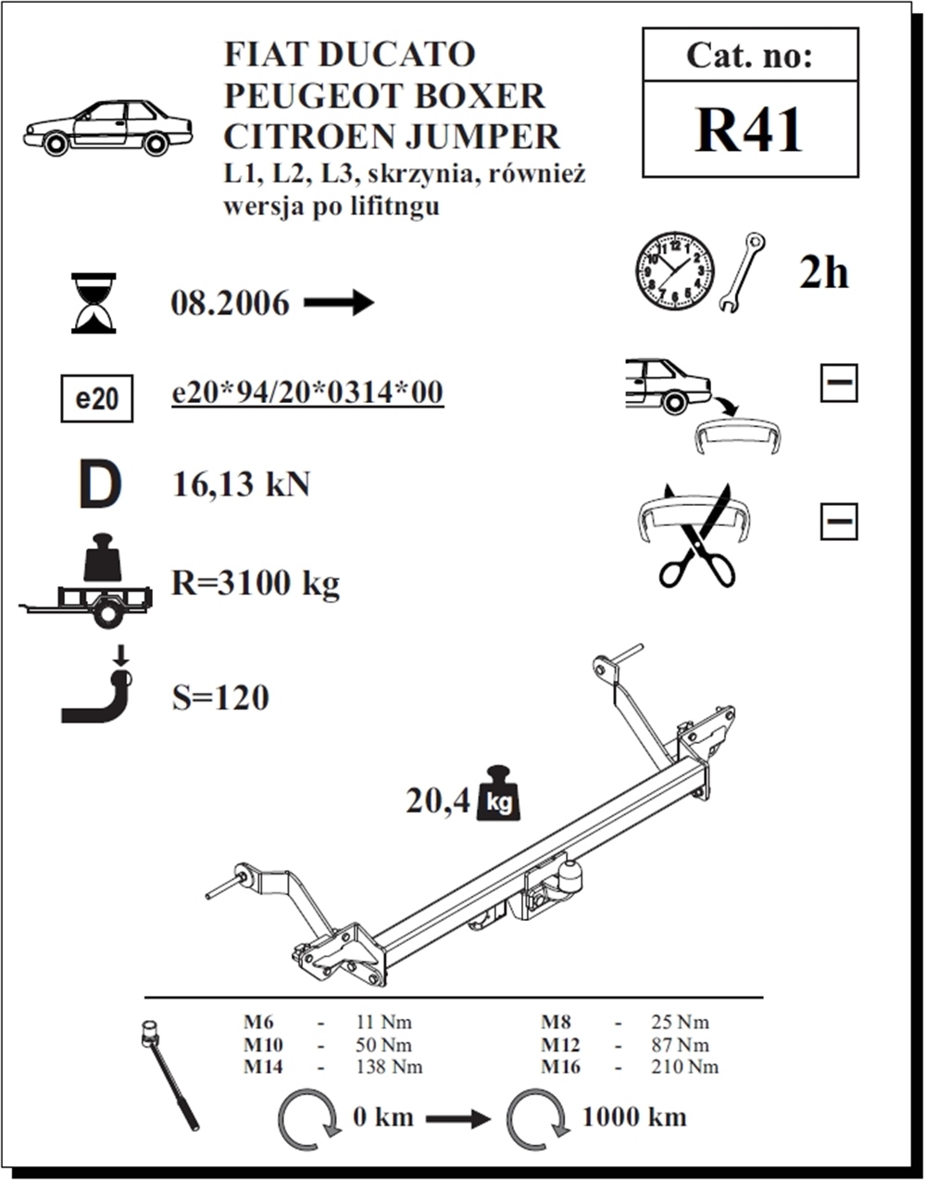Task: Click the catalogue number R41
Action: (x=749, y=130)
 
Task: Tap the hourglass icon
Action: (x=94, y=303)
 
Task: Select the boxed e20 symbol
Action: (x=96, y=399)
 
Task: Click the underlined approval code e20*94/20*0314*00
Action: (x=307, y=393)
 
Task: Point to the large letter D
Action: (x=99, y=486)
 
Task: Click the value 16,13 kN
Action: (x=241, y=485)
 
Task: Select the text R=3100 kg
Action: (x=256, y=584)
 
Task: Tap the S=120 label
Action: (x=220, y=697)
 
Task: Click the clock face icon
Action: (x=674, y=271)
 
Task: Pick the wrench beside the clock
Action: (x=741, y=271)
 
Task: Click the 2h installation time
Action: (x=823, y=272)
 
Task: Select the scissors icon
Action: (x=697, y=543)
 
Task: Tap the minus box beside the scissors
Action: (x=838, y=522)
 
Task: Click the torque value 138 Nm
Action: (x=389, y=1066)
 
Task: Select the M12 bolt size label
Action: (x=561, y=1044)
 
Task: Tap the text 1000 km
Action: (x=634, y=1116)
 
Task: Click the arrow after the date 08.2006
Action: (x=338, y=302)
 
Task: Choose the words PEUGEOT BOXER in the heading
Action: (x=384, y=95)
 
